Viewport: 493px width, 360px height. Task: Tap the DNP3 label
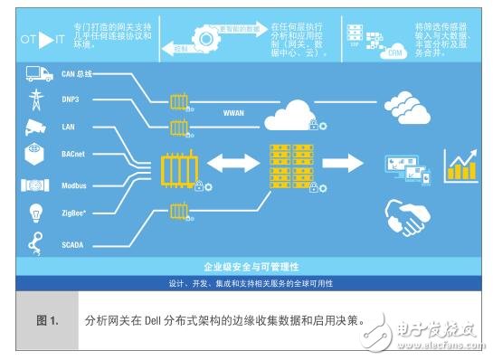72,101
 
